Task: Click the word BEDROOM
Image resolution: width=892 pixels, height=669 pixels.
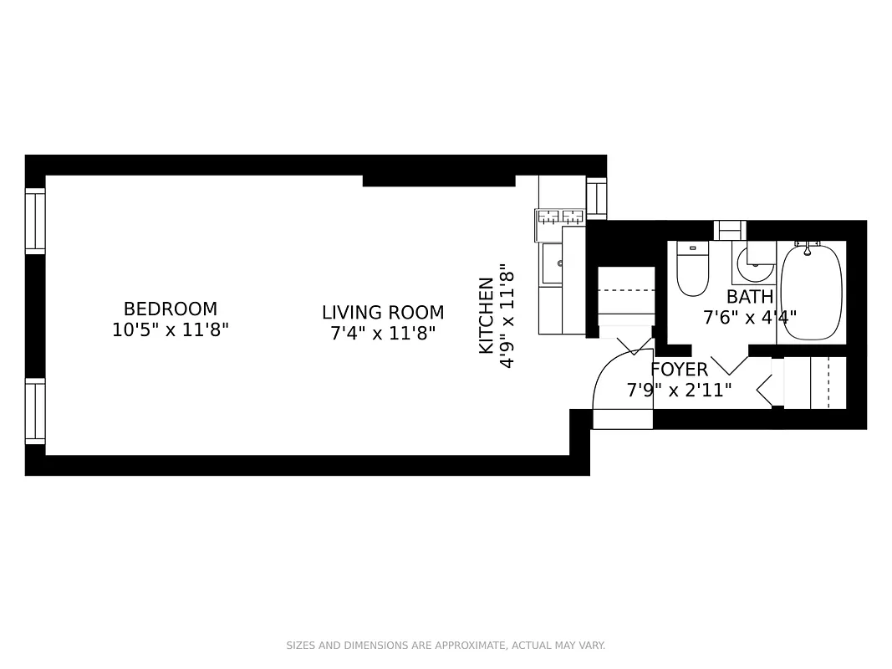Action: tap(171, 309)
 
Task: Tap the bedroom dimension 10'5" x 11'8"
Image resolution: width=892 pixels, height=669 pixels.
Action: tap(171, 330)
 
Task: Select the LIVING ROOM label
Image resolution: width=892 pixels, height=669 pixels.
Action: tap(383, 313)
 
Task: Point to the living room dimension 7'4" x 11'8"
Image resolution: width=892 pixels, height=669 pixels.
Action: tap(383, 334)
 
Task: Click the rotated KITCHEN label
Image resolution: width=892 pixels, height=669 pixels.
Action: tap(486, 315)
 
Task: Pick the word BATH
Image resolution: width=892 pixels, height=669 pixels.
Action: tap(750, 297)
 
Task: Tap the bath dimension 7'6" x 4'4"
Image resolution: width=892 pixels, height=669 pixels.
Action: tap(750, 318)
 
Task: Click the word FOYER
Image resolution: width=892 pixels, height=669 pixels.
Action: tap(679, 370)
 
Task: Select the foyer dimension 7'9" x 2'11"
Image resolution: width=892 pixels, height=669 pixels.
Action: tap(679, 390)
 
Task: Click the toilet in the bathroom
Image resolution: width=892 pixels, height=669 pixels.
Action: tap(692, 269)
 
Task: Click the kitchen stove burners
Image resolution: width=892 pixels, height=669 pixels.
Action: tap(560, 217)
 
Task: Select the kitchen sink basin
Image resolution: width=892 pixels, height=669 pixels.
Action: tap(552, 263)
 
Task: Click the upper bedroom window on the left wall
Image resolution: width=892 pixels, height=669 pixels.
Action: tap(35, 222)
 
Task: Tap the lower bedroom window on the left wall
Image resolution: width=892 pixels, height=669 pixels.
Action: tap(35, 411)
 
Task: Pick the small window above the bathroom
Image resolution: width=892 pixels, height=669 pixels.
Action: tap(730, 230)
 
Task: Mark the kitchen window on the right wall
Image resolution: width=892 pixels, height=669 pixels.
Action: tap(596, 199)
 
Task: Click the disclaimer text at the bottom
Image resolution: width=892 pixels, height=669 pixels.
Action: tap(446, 646)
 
